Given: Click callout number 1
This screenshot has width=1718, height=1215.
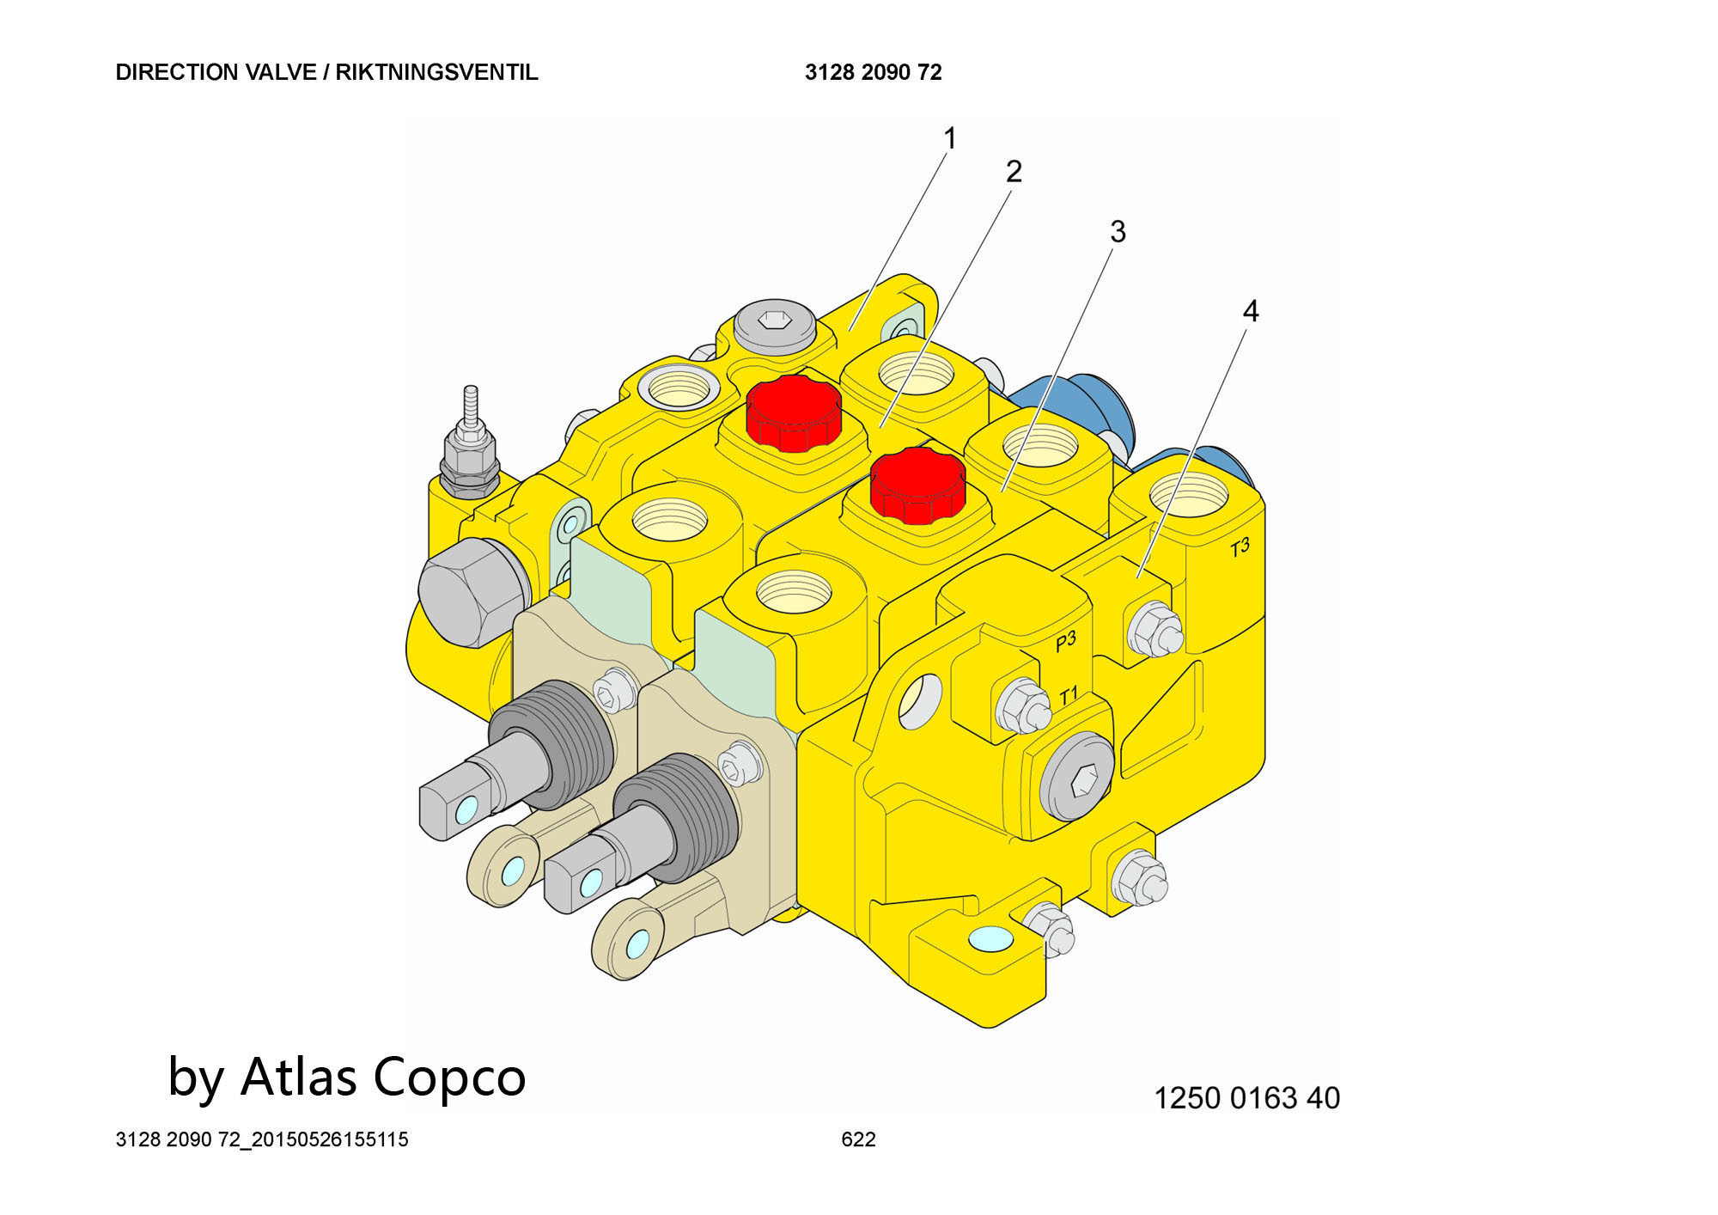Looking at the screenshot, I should click(x=949, y=138).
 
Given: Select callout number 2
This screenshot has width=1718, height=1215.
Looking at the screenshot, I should click(x=1014, y=172).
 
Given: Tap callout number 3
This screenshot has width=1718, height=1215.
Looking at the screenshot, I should click(x=1117, y=231).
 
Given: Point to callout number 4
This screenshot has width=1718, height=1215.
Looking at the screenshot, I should click(x=1250, y=311).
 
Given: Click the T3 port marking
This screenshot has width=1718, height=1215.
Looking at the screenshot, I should click(x=1240, y=547).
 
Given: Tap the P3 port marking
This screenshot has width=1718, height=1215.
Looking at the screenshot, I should click(x=1065, y=641).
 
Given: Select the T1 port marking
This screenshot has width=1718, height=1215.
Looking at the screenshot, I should click(x=1068, y=696).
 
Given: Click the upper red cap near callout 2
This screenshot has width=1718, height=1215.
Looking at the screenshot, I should click(x=793, y=412).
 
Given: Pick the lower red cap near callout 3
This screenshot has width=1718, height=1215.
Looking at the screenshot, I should click(x=917, y=485).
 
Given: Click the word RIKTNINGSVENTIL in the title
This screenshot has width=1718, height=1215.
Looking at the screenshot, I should click(x=436, y=72).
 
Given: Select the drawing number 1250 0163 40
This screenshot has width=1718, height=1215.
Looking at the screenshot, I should click(x=1246, y=1098).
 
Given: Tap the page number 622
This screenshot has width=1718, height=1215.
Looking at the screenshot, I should click(x=858, y=1139).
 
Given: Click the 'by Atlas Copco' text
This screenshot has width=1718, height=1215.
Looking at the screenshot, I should click(x=346, y=1077).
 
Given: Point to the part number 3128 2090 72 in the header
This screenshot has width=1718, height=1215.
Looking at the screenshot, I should click(x=873, y=72).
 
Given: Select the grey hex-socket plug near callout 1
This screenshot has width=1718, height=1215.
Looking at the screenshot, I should click(x=774, y=323).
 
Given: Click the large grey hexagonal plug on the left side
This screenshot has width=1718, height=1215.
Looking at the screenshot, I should click(x=471, y=592).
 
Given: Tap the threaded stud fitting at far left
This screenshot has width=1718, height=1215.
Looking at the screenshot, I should click(x=470, y=443).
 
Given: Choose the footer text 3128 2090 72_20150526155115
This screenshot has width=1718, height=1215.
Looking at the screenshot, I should click(x=262, y=1139).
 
